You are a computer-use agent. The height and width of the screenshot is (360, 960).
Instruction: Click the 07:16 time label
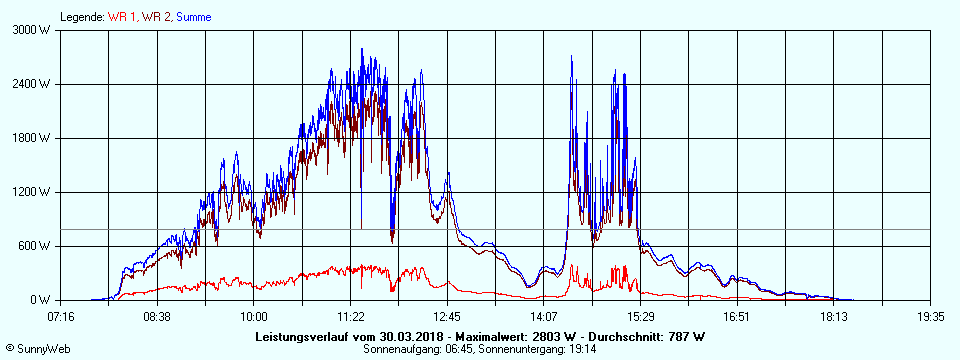tap(61, 316)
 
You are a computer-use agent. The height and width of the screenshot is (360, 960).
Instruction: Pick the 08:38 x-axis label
tap(157, 316)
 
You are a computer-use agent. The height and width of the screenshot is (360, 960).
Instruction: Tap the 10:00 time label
tap(254, 316)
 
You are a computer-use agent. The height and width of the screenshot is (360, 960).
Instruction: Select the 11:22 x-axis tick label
tap(351, 316)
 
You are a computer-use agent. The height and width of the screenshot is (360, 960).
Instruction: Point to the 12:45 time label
tap(447, 316)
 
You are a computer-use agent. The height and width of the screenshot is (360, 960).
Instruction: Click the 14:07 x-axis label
tap(544, 316)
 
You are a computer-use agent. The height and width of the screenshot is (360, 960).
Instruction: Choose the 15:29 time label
tap(641, 316)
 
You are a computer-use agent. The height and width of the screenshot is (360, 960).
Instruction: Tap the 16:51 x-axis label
tap(737, 316)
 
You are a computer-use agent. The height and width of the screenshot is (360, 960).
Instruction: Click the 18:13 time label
tap(834, 316)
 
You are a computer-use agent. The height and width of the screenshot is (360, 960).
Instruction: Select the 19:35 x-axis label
tap(931, 316)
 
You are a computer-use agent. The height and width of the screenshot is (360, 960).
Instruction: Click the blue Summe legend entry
tap(192, 17)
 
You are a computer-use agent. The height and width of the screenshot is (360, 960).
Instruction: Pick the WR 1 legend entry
tap(122, 17)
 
